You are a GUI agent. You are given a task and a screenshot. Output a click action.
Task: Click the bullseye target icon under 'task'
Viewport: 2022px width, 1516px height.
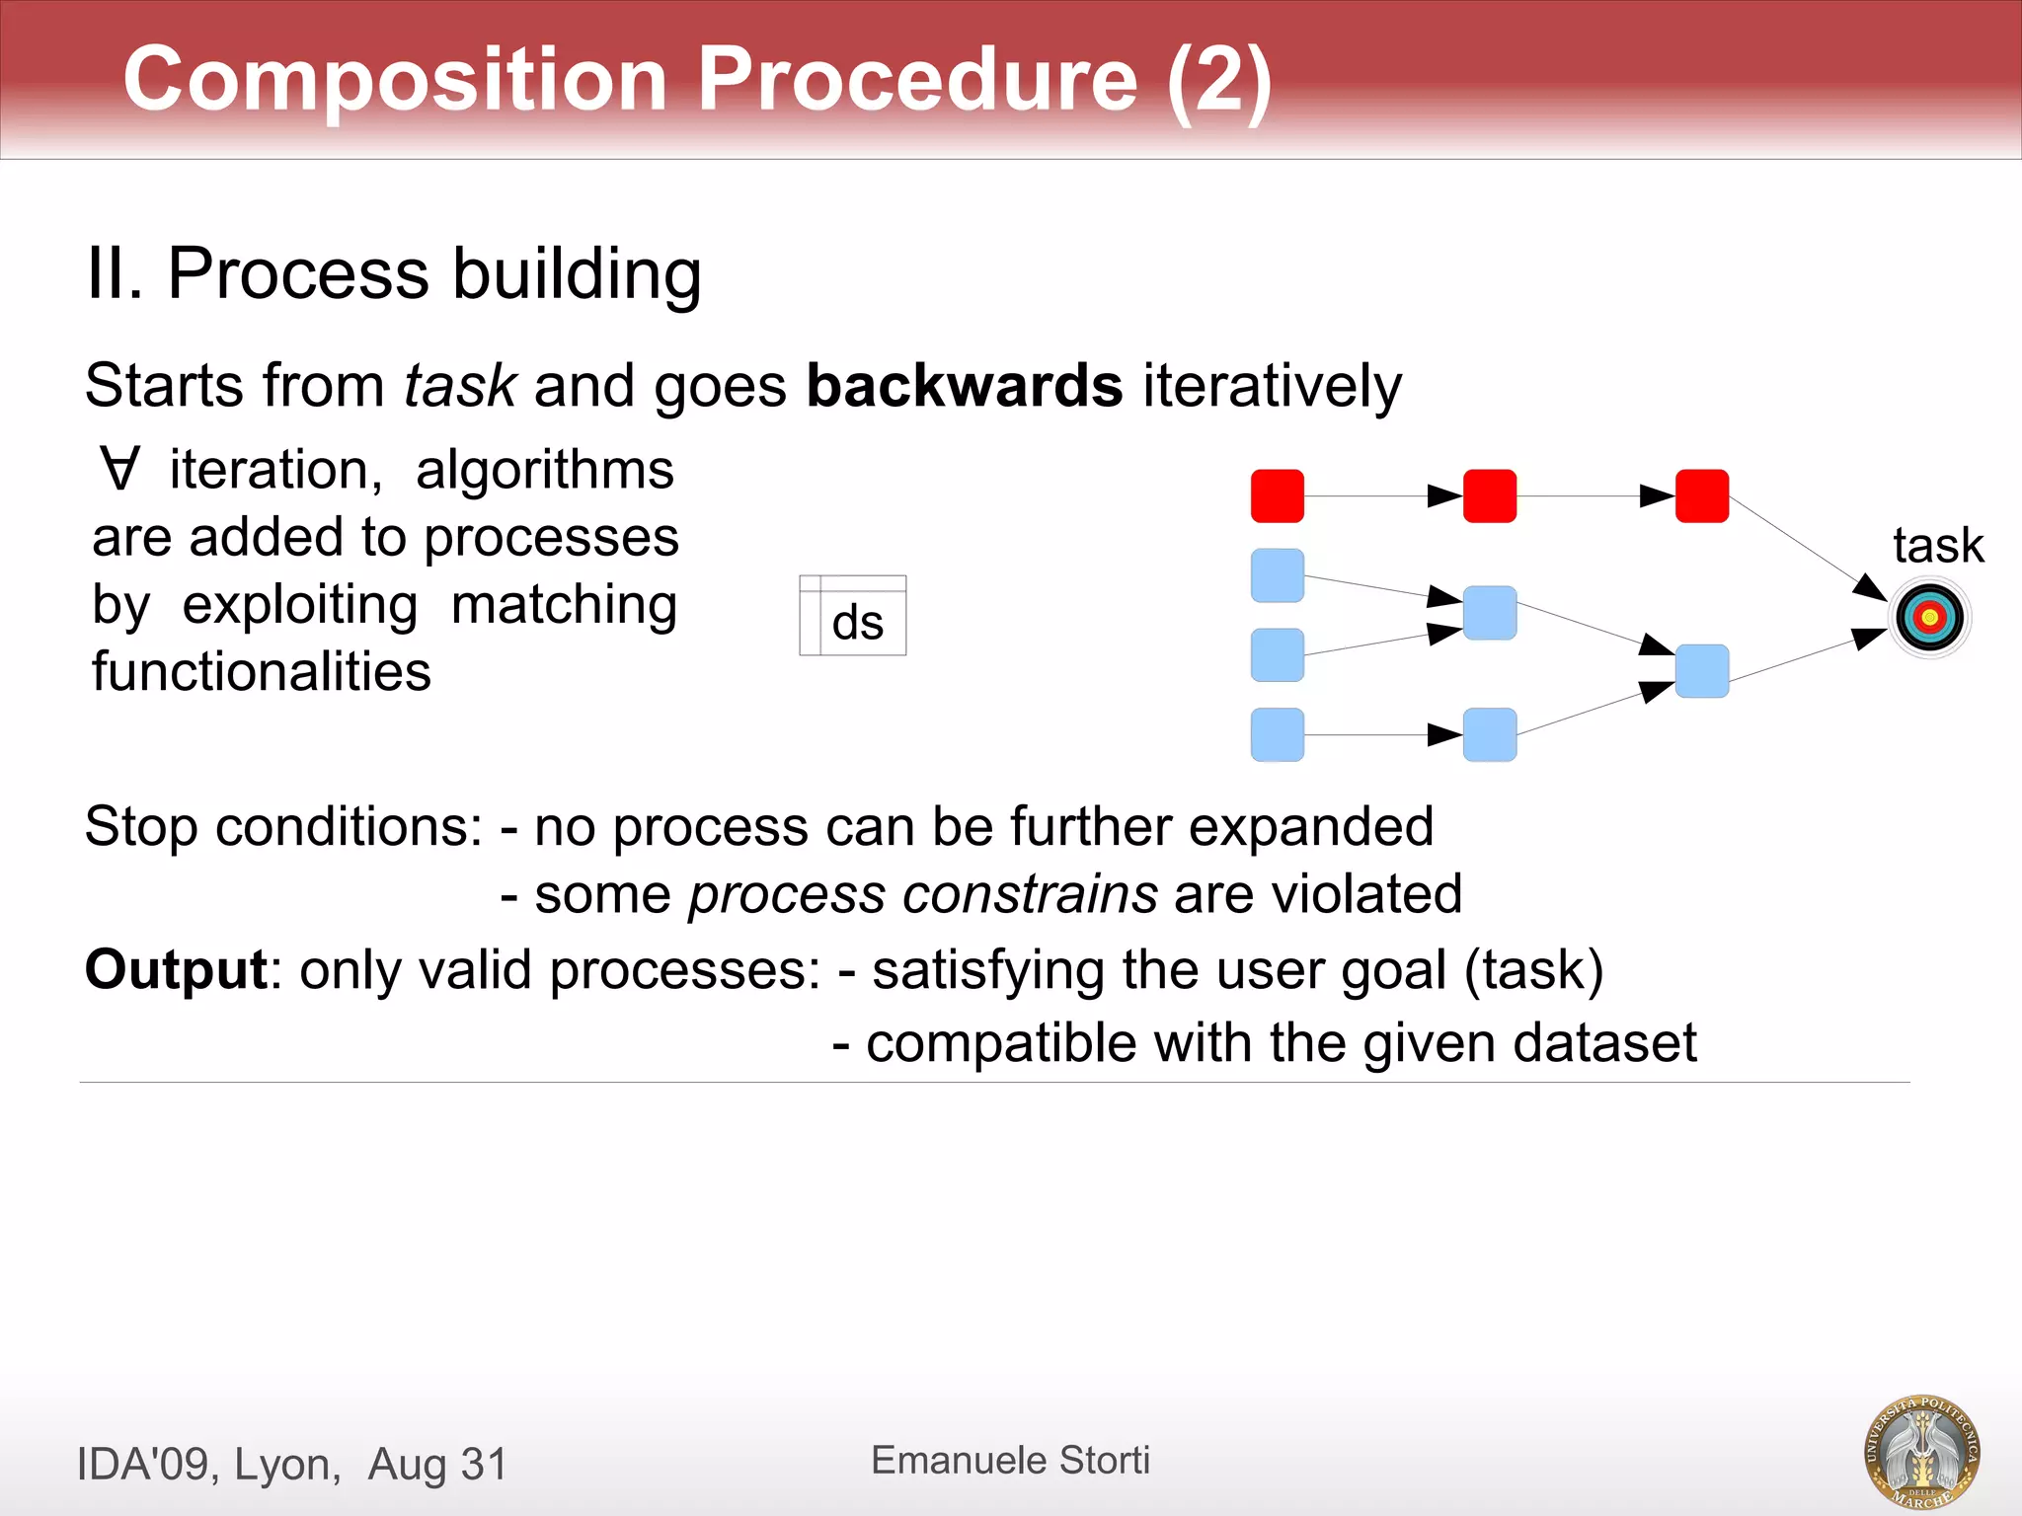coord(1930,618)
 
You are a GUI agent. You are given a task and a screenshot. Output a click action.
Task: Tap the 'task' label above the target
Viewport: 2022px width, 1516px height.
coord(1937,545)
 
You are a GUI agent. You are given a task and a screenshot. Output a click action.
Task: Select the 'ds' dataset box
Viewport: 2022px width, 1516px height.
coord(853,617)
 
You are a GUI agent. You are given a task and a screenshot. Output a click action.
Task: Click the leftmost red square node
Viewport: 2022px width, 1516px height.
coord(1277,495)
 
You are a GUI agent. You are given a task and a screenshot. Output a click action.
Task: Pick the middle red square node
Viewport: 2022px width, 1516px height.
coord(1489,495)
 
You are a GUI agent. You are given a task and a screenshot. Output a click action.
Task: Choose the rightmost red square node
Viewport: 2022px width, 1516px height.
coord(1701,495)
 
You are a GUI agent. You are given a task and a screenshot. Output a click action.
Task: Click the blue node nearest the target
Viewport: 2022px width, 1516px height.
coord(1701,671)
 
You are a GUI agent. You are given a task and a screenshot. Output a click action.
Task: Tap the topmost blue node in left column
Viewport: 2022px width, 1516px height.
coord(1277,575)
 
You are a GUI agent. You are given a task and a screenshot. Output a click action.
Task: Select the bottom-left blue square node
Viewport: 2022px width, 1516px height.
coord(1277,734)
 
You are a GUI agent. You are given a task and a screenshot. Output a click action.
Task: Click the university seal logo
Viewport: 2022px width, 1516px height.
coord(1921,1450)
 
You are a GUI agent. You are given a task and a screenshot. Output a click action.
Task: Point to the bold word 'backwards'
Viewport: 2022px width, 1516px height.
coord(964,385)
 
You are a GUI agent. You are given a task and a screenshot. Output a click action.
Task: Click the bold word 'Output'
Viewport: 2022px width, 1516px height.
coord(175,969)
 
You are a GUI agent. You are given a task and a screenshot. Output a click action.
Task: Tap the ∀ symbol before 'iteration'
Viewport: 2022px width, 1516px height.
coord(119,470)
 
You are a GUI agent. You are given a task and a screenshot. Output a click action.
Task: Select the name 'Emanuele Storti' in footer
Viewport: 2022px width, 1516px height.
coord(1010,1460)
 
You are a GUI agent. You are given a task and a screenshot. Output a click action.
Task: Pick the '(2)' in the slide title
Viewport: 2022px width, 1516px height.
coord(1218,79)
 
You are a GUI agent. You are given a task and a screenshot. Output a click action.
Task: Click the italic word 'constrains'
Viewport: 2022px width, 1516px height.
coord(1030,894)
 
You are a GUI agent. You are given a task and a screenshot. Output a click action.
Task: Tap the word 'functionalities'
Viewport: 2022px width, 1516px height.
coord(262,672)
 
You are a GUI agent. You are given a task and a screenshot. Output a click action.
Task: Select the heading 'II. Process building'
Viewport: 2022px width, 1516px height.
coord(393,273)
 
